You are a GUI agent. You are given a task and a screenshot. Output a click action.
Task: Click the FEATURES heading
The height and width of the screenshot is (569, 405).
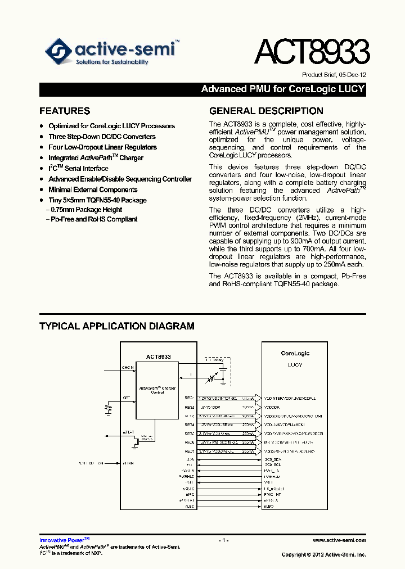coord(65,111)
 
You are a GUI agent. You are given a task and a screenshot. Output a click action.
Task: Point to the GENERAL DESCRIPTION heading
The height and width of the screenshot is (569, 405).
coord(266,111)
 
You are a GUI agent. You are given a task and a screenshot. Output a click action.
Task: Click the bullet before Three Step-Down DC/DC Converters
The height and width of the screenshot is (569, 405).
coord(42,137)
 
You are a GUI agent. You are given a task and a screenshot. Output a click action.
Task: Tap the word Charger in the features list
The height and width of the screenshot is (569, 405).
coord(131,158)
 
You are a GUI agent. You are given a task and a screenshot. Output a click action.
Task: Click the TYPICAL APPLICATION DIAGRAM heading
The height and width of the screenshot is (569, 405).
coord(117,326)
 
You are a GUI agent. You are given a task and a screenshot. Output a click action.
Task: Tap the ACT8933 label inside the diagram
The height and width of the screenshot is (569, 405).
coord(158,356)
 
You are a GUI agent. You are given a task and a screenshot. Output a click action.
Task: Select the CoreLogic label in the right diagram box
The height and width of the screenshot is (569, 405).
coord(295,353)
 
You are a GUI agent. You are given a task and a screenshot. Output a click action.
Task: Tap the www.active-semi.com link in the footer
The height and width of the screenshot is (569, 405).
coord(339,540)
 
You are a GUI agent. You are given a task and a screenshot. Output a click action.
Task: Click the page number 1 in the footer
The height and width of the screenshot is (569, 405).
coord(224,540)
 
